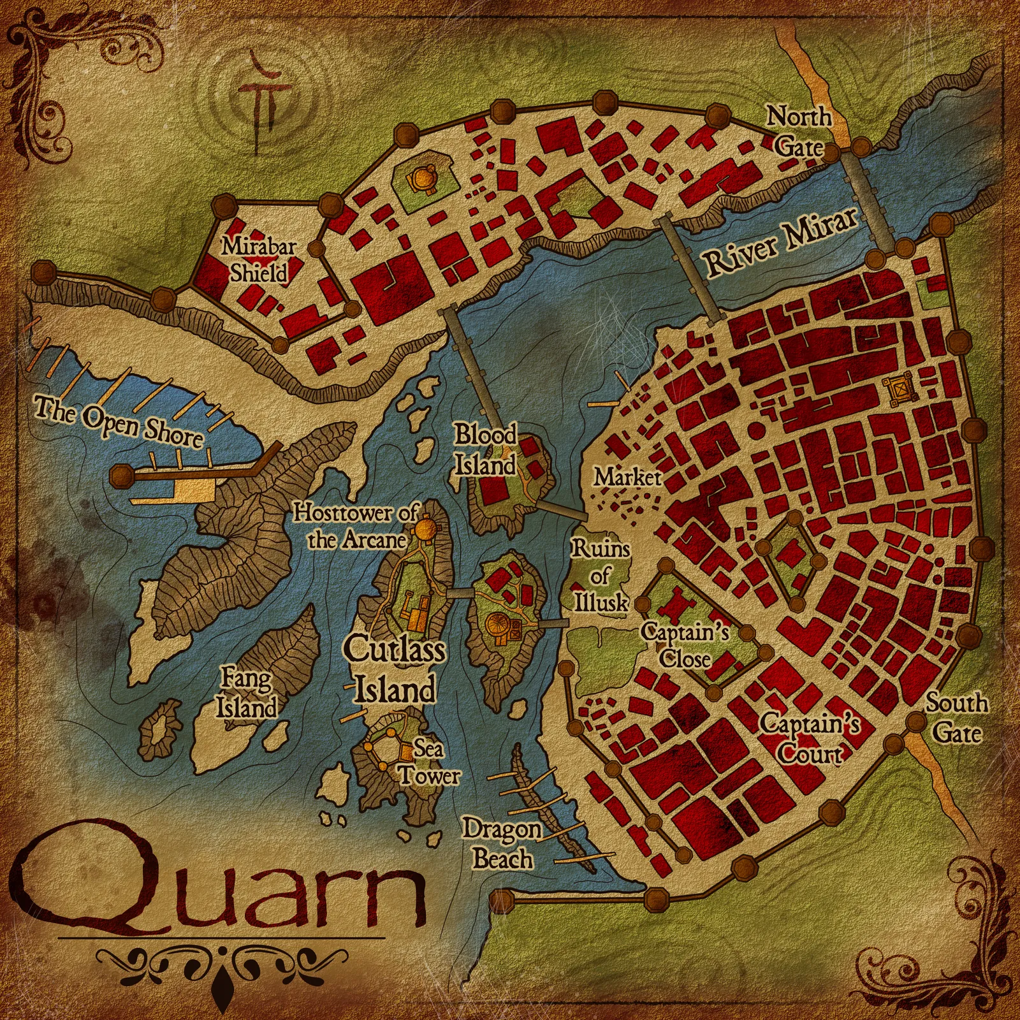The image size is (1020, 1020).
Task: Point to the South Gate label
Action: [956, 718]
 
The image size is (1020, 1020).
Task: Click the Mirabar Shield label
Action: [259, 259]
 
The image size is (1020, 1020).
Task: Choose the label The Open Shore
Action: [119, 421]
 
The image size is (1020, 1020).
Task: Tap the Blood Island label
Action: [485, 450]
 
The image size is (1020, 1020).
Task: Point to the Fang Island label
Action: [247, 693]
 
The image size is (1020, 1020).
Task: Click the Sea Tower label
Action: [429, 762]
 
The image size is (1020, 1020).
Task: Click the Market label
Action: [627, 477]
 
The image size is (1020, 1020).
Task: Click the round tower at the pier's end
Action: [121, 475]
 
